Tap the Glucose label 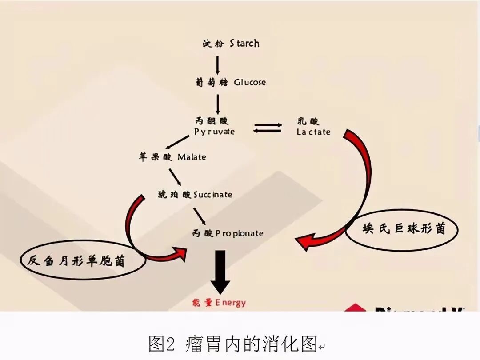tap(250, 82)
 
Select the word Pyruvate tap(214, 132)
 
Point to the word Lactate tap(314, 132)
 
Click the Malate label tap(192, 157)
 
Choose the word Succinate tap(212, 195)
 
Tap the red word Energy tap(230, 303)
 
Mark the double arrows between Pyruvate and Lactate tap(268, 128)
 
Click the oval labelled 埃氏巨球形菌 tap(401, 228)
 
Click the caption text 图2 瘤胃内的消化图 tap(233, 344)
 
